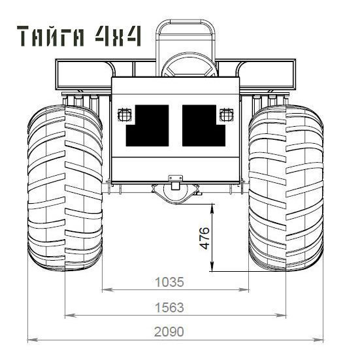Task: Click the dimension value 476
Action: coord(205,238)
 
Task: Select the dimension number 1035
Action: coord(169,282)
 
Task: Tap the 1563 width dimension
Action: coord(169,308)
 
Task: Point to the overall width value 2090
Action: coord(169,332)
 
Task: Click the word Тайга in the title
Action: coord(50,36)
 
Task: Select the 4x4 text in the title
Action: coord(118,36)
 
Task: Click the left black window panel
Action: coord(148,125)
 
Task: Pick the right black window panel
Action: coord(204,125)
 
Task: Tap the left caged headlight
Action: coord(125,115)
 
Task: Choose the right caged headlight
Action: coord(226,115)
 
